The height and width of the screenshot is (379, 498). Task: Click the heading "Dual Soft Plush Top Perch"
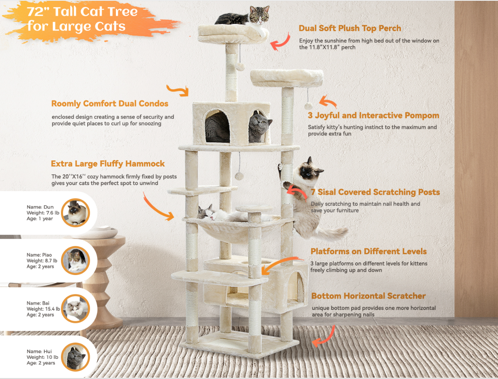[350, 28]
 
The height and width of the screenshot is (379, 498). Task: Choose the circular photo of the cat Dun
[75, 212]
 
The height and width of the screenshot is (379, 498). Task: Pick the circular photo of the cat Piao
[75, 260]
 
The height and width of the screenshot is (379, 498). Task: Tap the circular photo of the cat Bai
[75, 309]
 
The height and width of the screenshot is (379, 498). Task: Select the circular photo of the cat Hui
[75, 356]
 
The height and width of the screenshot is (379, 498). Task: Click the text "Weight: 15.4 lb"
[43, 309]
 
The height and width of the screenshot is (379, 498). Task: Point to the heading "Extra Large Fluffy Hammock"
[108, 164]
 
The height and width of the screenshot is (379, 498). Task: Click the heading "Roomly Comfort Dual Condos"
[110, 104]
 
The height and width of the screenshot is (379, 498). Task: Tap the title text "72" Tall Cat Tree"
[82, 11]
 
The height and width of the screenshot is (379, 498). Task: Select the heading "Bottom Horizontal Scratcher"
[368, 296]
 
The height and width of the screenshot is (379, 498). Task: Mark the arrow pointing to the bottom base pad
[324, 336]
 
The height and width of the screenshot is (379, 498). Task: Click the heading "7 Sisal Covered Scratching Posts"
[375, 192]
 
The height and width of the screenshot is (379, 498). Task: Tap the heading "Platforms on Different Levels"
[368, 251]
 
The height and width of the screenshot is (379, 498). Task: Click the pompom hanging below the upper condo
[239, 176]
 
